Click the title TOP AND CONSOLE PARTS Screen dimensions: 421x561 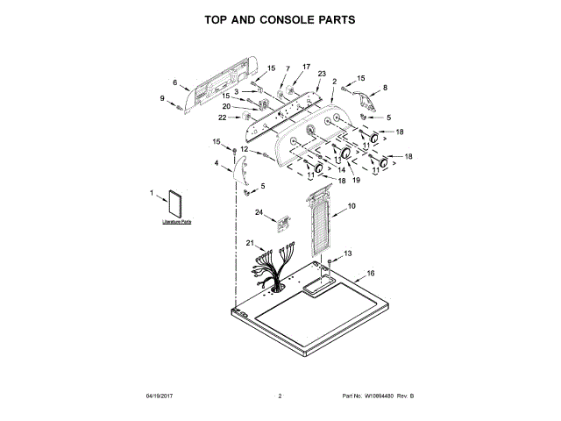[280, 18]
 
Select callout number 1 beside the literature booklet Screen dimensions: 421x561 [151, 194]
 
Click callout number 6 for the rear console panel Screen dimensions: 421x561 [174, 83]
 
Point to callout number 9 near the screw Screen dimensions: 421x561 [162, 98]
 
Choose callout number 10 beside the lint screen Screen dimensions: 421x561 [351, 206]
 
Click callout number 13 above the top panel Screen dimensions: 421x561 [347, 253]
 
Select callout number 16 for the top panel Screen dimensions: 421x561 [370, 274]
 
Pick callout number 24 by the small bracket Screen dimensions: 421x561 [259, 212]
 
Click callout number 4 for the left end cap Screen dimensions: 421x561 [217, 162]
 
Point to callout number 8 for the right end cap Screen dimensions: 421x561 [384, 88]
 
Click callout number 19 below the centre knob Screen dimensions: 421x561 [356, 179]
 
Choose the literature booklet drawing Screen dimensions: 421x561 [176, 204]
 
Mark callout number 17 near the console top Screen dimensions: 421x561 [306, 67]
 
